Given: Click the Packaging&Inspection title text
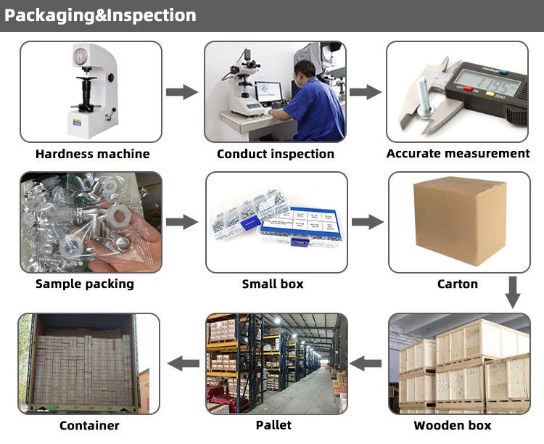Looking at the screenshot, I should click(x=100, y=15).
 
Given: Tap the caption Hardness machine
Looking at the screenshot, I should click(x=93, y=154).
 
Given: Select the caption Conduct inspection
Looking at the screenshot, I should click(x=276, y=154).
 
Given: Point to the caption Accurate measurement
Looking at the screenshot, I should click(x=458, y=154).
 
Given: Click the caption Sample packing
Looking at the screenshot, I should click(x=85, y=284).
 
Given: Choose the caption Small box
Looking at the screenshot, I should click(x=273, y=284).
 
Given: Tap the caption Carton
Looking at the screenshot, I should click(x=458, y=284).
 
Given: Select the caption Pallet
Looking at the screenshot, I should click(x=274, y=424).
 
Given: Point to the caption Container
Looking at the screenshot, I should click(x=89, y=425).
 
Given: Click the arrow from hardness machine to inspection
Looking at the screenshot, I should click(x=181, y=92).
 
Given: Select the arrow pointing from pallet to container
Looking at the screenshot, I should click(x=184, y=363).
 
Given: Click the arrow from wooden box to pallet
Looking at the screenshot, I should click(x=366, y=363).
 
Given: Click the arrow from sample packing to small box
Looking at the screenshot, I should click(x=181, y=222).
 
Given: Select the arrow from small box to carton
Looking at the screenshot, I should click(x=367, y=222).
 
